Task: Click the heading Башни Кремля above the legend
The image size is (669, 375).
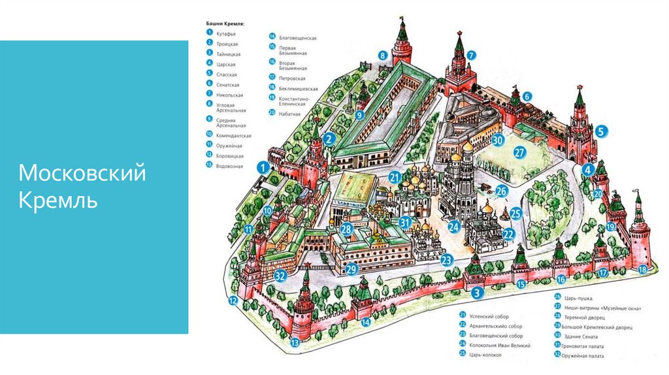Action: [230, 24]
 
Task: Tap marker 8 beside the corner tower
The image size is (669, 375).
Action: [383, 56]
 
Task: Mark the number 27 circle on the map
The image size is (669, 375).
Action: [519, 153]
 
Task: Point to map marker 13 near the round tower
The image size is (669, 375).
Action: [295, 342]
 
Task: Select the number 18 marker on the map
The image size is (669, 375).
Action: [643, 269]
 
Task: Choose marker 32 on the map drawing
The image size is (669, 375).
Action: [280, 275]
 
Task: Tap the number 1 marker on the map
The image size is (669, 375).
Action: [262, 167]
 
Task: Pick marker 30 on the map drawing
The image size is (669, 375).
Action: [498, 139]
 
